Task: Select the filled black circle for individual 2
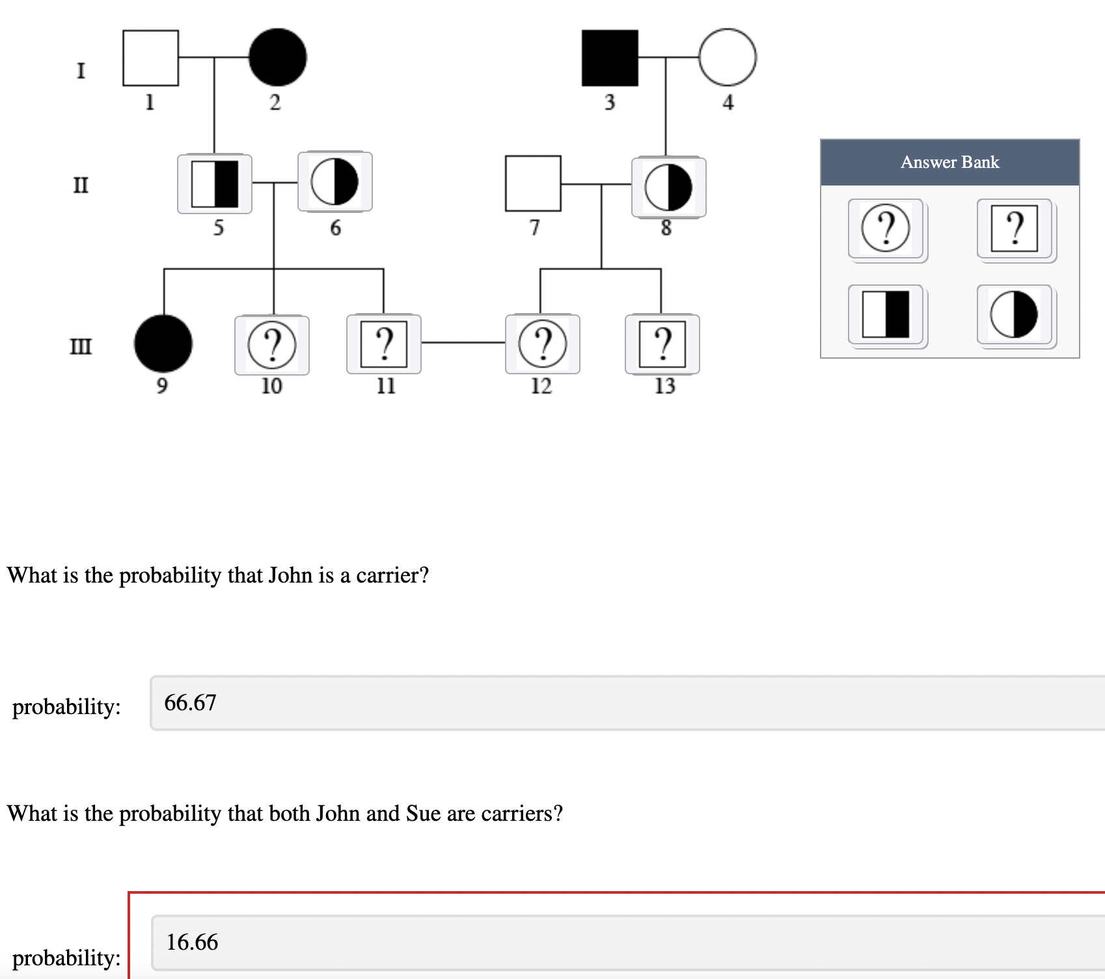(278, 57)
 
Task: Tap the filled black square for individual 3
(610, 58)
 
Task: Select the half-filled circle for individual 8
(668, 187)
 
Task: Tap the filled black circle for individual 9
(163, 344)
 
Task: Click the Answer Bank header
(949, 162)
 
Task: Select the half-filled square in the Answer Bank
(886, 314)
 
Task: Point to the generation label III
(81, 346)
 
